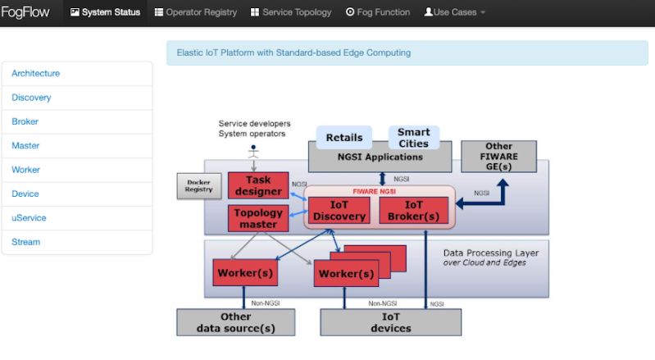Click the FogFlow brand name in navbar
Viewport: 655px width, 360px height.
click(25, 12)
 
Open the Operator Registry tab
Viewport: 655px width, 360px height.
click(196, 12)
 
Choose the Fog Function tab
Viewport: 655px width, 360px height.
click(378, 12)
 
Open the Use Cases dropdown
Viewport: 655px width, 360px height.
click(455, 12)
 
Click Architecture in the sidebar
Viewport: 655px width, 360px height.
click(35, 73)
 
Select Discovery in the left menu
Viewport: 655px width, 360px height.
click(31, 98)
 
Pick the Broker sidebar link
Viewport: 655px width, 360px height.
click(25, 121)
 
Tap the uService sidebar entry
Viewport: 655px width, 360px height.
click(29, 218)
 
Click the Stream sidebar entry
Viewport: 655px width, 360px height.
click(25, 242)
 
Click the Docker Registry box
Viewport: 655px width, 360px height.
click(199, 186)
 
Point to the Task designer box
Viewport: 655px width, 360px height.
click(257, 186)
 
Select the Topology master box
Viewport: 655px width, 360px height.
click(257, 218)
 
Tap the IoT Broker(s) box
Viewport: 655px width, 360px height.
click(413, 211)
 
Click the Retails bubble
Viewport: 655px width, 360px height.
click(344, 138)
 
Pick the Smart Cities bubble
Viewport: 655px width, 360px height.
click(413, 138)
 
